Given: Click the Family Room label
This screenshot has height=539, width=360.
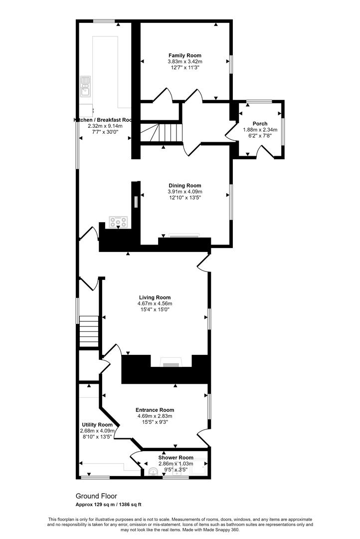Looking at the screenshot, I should (185, 55).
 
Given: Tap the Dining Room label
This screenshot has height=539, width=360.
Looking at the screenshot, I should (185, 186).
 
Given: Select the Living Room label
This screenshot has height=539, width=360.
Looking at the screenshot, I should (155, 297).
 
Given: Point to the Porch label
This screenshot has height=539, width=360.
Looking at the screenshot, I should (260, 124).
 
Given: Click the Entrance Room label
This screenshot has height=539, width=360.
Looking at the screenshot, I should (156, 410).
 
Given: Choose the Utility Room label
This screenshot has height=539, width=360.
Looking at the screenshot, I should (97, 425).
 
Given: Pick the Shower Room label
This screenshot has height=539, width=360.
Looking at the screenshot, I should (176, 457).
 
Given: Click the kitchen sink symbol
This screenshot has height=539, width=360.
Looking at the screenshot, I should (85, 86).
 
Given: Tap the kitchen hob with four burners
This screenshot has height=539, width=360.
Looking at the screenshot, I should (119, 222).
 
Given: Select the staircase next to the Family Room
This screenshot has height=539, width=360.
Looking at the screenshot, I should (159, 133).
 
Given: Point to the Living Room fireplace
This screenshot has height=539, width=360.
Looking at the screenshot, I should (170, 363).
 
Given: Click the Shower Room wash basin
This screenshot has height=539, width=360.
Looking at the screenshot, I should (153, 471).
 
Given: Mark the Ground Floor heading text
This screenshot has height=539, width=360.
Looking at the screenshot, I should (96, 496).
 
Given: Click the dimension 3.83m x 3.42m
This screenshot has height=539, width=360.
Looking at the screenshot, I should (185, 61).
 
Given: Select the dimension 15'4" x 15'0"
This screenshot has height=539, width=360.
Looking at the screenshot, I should (155, 309).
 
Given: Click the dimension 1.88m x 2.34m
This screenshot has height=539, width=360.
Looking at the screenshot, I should (260, 130).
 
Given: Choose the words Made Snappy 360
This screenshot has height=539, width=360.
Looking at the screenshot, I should (222, 530).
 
